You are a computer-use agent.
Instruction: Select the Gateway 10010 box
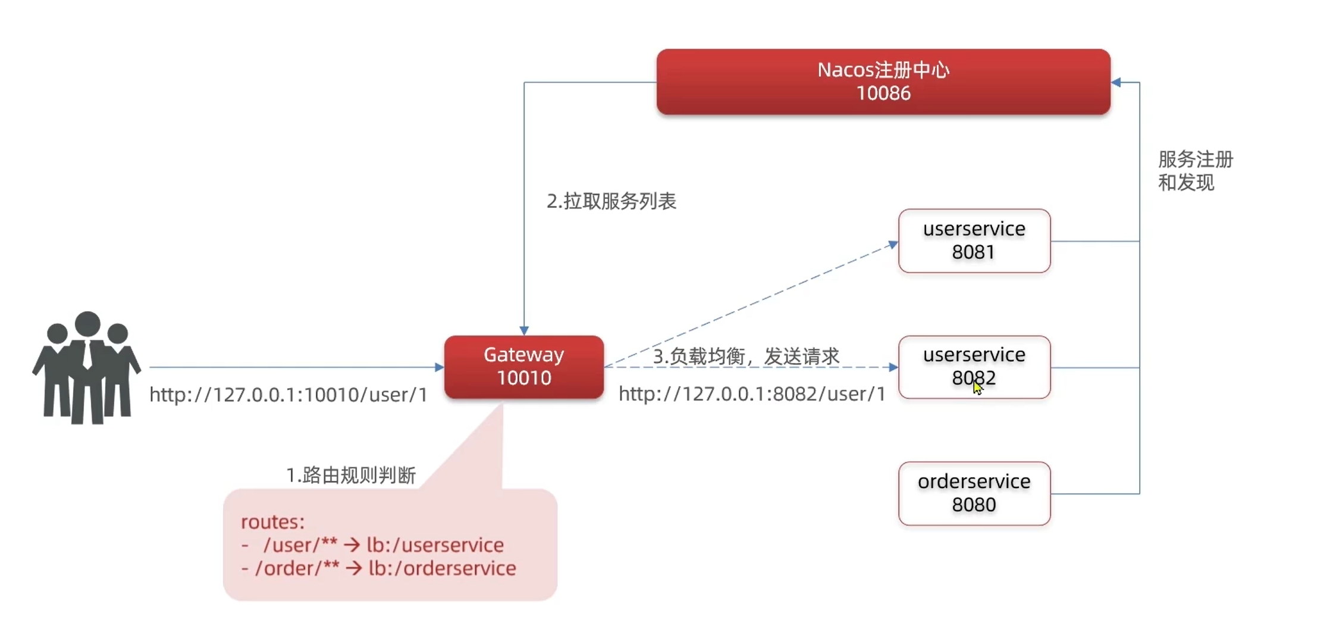[523, 367]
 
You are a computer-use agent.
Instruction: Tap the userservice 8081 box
[974, 240]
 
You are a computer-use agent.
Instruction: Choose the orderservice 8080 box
[974, 493]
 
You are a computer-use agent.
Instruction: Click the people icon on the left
[87, 368]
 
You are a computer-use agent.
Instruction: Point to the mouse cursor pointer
[977, 388]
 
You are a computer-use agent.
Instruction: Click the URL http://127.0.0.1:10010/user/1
[288, 395]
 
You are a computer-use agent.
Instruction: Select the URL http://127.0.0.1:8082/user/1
[752, 394]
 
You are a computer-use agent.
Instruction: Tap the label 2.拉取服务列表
[611, 201]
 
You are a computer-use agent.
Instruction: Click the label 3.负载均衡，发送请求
[746, 356]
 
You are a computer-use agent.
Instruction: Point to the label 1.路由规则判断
[351, 475]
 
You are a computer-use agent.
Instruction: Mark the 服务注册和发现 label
[1195, 171]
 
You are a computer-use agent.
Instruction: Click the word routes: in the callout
[272, 522]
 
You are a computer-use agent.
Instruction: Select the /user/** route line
[374, 545]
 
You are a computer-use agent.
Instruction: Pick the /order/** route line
[379, 568]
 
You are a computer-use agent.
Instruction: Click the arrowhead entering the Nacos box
[1116, 82]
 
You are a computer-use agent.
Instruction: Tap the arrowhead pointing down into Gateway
[524, 330]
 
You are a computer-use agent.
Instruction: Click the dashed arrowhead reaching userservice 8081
[893, 244]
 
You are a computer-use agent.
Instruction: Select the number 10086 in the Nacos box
[883, 93]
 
